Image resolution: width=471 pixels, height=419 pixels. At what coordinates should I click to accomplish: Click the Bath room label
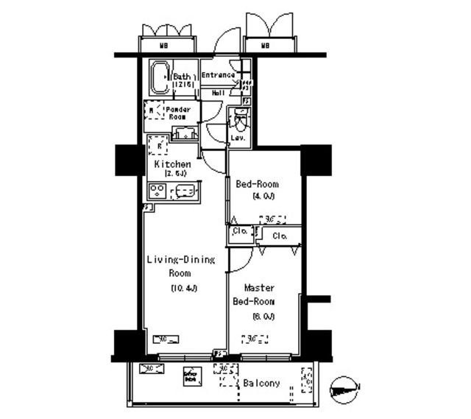click(x=183, y=76)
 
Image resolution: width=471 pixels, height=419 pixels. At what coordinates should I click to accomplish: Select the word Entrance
click(x=218, y=75)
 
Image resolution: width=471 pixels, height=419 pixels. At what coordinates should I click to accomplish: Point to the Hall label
click(x=219, y=94)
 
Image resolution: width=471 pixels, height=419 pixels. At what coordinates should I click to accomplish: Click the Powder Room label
click(x=180, y=113)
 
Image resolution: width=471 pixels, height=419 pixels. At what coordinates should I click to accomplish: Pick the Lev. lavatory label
click(x=238, y=138)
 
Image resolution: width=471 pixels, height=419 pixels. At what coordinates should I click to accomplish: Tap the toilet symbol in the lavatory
click(x=239, y=117)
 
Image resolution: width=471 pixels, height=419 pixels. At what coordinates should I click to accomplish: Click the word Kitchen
click(x=173, y=163)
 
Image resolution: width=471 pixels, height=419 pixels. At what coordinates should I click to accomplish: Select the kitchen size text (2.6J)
click(x=173, y=174)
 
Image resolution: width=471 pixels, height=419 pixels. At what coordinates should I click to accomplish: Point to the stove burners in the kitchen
click(x=157, y=191)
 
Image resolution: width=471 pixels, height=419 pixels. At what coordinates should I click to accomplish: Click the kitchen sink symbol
click(x=184, y=191)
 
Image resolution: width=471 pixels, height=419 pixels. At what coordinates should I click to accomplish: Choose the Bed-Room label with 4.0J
click(x=257, y=186)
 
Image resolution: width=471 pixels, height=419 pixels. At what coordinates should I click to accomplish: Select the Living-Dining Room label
click(x=181, y=266)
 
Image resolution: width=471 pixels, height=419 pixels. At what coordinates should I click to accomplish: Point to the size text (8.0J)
click(x=263, y=317)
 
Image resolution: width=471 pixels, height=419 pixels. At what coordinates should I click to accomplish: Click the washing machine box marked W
click(x=152, y=112)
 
